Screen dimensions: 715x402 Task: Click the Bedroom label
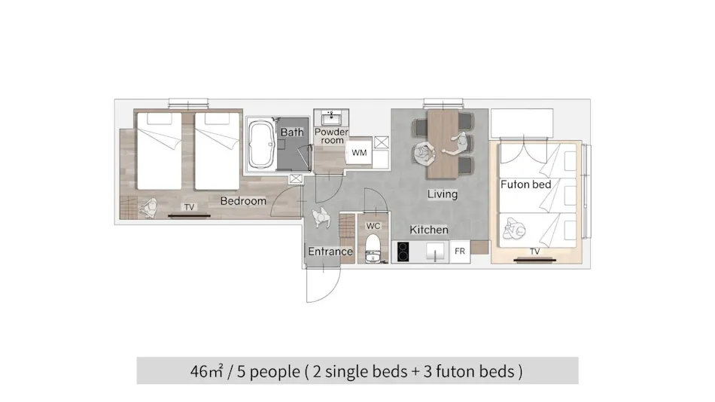coord(243,201)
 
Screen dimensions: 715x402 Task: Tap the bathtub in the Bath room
coord(261,145)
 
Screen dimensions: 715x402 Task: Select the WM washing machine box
coord(359,153)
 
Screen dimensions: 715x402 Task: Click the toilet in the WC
coord(373,249)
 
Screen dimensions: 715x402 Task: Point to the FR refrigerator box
coord(460,251)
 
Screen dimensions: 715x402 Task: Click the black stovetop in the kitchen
coord(403,252)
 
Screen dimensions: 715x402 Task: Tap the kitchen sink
coord(436,251)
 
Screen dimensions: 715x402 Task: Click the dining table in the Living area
coord(443,144)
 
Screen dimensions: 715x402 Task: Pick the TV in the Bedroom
coord(189,215)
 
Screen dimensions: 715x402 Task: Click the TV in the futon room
coord(535,260)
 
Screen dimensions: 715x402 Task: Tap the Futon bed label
coord(526,184)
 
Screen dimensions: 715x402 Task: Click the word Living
coord(443,194)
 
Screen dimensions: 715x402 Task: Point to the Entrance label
coord(330,251)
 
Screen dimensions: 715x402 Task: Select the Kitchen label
coord(429,230)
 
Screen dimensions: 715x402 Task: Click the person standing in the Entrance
coord(321,218)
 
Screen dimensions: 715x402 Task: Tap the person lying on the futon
coord(513,228)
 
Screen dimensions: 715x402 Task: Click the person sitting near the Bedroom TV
coord(149,209)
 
